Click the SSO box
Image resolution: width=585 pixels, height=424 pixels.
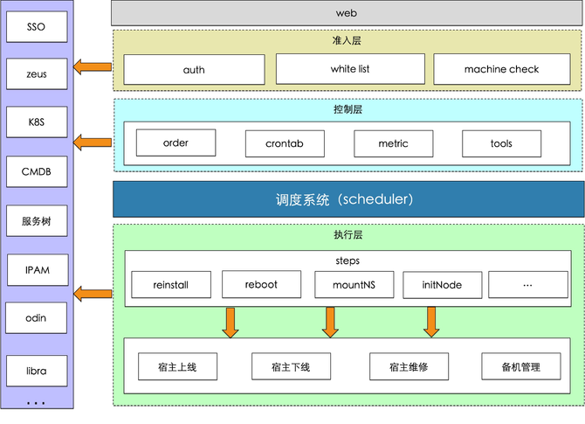point(37,26)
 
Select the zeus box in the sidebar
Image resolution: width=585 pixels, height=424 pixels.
point(37,73)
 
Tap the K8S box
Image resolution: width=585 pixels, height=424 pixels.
point(37,122)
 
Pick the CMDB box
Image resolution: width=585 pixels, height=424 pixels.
point(37,171)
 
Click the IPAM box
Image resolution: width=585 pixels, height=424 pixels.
point(38,270)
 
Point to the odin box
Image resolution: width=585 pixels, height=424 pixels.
point(36,318)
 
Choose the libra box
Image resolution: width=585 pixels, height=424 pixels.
point(37,371)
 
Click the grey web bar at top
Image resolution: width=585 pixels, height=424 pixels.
point(347,13)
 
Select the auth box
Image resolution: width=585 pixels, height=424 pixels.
point(194,69)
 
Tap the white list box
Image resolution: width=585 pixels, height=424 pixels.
point(350,69)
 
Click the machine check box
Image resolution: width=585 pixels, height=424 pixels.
point(502,69)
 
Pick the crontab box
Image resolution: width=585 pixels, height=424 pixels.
point(285,143)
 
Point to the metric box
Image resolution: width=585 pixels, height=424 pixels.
point(394,143)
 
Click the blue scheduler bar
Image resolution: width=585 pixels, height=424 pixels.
point(348,199)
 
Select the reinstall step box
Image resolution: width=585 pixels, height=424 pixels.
point(171,285)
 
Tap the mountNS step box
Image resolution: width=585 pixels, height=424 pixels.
point(354,285)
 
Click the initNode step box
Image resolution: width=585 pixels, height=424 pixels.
point(442,285)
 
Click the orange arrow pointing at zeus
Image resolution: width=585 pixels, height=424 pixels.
point(93,67)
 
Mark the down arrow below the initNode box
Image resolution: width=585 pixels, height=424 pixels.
point(431,322)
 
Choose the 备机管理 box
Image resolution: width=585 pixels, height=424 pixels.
point(521,366)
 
